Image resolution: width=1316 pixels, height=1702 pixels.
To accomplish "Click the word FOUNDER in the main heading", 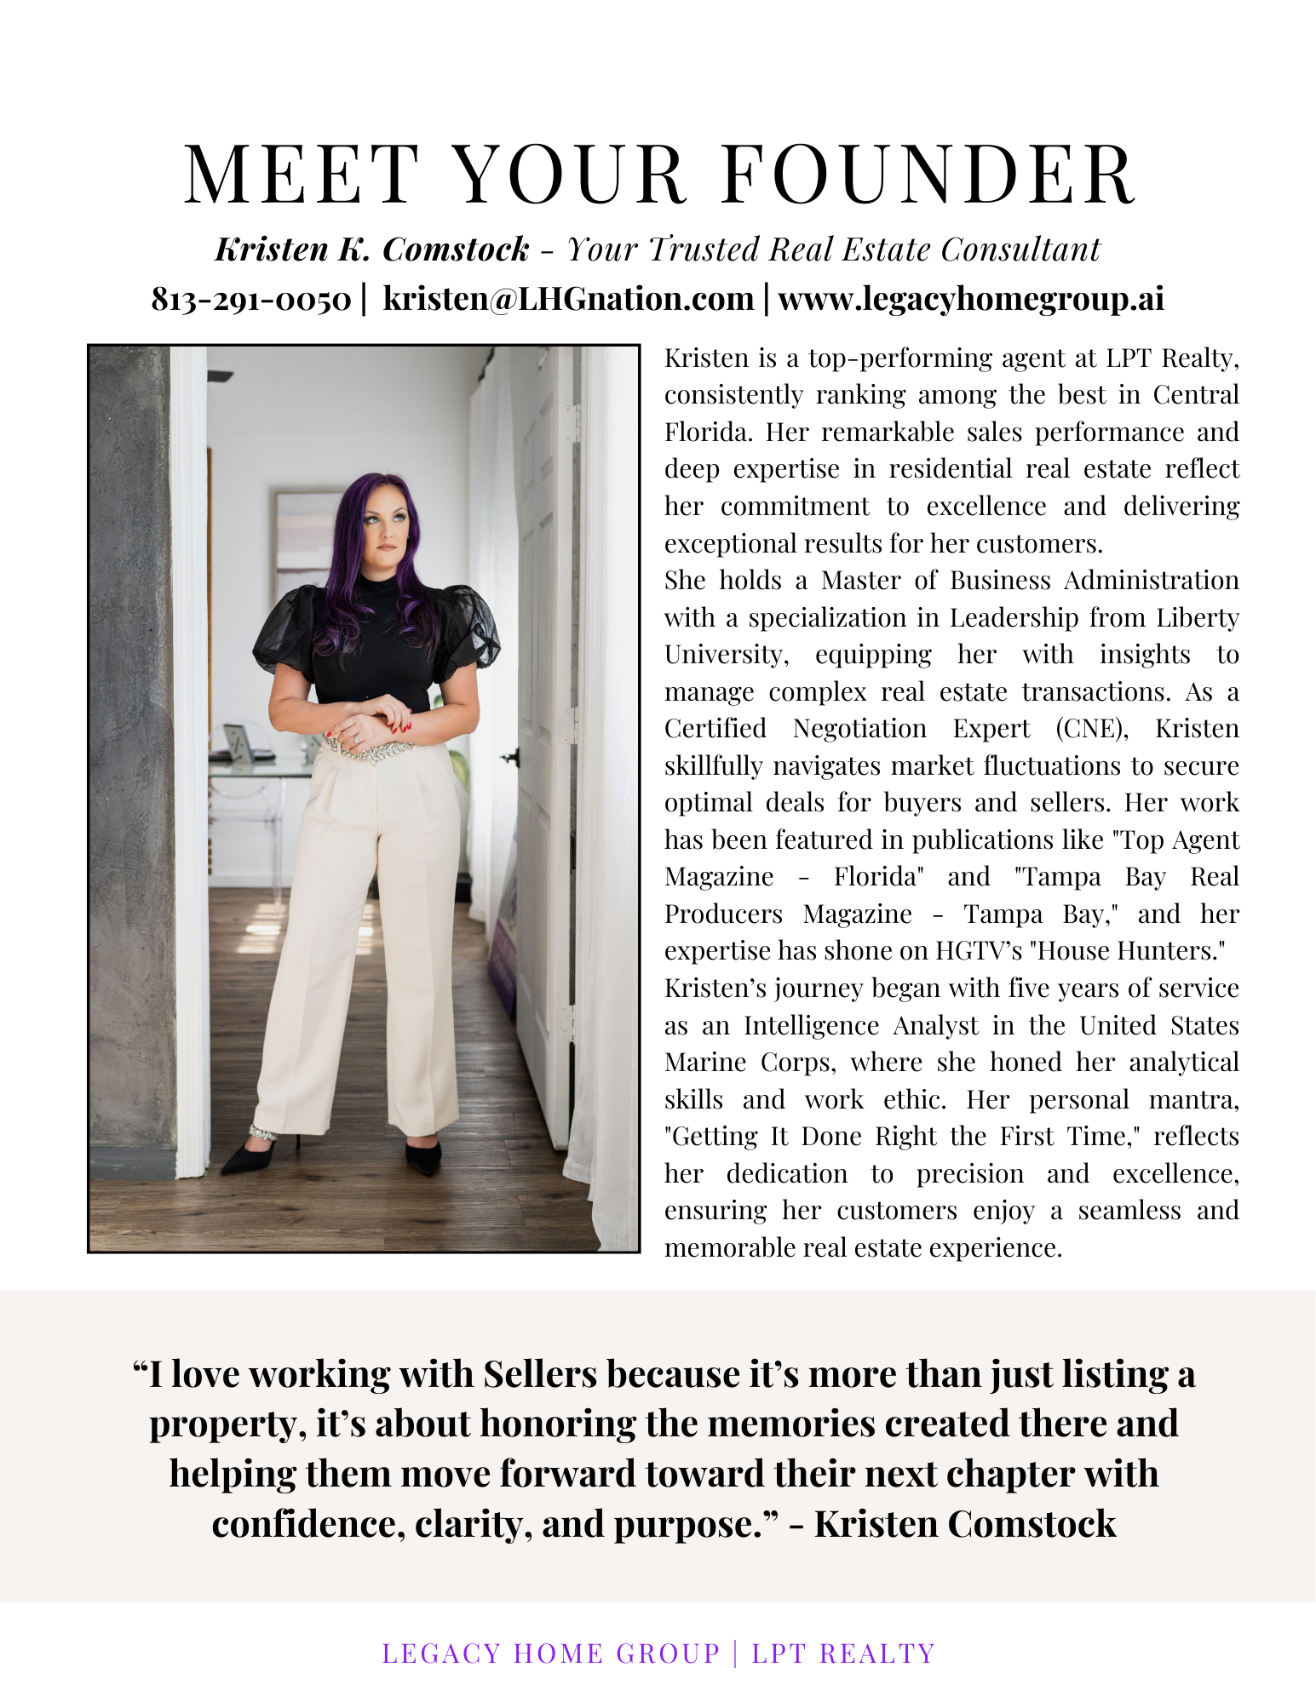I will (x=928, y=175).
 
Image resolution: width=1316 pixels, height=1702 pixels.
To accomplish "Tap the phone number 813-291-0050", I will (x=251, y=300).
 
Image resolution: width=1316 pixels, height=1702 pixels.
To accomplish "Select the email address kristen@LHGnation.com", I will (x=568, y=300).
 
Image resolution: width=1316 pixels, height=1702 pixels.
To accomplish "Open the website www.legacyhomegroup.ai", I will (x=970, y=300).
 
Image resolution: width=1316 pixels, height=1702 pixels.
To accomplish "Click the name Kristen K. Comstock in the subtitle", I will (x=372, y=249).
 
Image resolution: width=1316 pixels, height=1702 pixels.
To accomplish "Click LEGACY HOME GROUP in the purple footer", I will (x=551, y=1653).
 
